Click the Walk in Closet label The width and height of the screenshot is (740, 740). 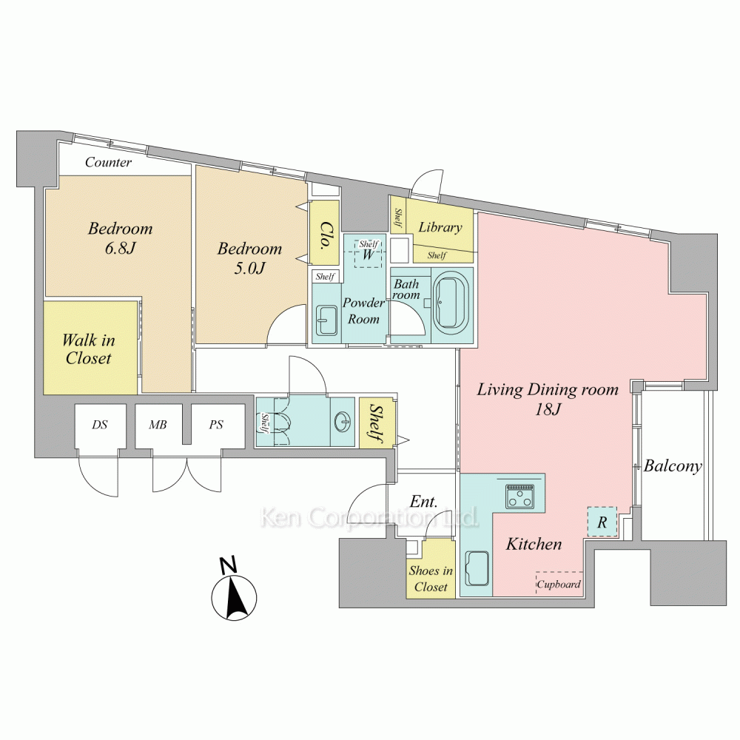89,349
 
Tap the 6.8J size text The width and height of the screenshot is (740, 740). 120,248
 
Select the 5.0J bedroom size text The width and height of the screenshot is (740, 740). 249,268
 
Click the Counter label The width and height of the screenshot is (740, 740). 108,162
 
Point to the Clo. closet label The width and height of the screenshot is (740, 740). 325,235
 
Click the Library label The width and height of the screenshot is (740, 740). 440,227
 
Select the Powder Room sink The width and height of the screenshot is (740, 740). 326,320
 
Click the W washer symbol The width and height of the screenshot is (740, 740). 368,255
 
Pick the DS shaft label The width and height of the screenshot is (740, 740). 100,425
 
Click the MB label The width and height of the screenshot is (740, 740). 158,425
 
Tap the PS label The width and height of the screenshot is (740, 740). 215,425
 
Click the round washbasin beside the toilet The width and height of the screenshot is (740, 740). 343,420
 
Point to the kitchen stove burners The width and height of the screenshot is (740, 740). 519,497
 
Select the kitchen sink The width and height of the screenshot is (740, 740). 477,568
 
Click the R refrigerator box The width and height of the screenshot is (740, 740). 602,522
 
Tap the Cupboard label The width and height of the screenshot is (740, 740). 559,585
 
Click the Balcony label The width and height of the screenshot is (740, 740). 673,466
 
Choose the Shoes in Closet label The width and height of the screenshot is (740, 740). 431,579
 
